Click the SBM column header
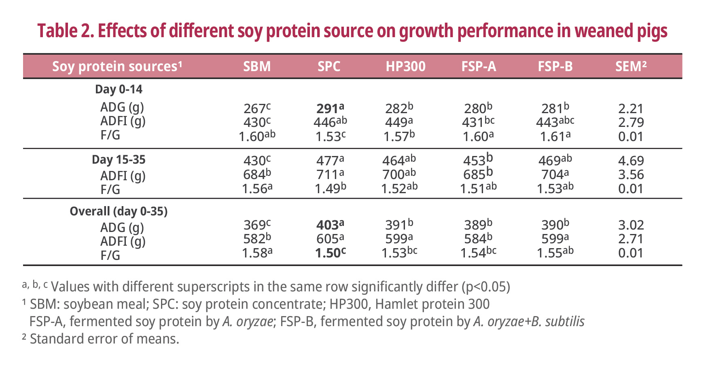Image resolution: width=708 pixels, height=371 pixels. coord(257,66)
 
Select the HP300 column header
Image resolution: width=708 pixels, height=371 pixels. coord(405,66)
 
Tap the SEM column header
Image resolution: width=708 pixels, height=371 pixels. coord(630,66)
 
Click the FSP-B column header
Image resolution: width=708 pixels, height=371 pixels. coord(555,66)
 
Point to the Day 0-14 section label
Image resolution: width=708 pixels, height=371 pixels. coord(119,89)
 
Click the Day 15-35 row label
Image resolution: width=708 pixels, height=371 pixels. coord(119,160)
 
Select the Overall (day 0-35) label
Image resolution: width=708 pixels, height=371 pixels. coord(119,211)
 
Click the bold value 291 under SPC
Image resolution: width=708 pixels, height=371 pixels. coord(328,109)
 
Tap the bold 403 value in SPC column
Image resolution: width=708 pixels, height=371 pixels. coord(328,225)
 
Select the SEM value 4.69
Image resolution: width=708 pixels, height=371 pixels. coord(631,161)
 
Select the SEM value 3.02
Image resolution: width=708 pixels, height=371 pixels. coord(631,225)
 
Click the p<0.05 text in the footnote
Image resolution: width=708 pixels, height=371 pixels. coord(486,287)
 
